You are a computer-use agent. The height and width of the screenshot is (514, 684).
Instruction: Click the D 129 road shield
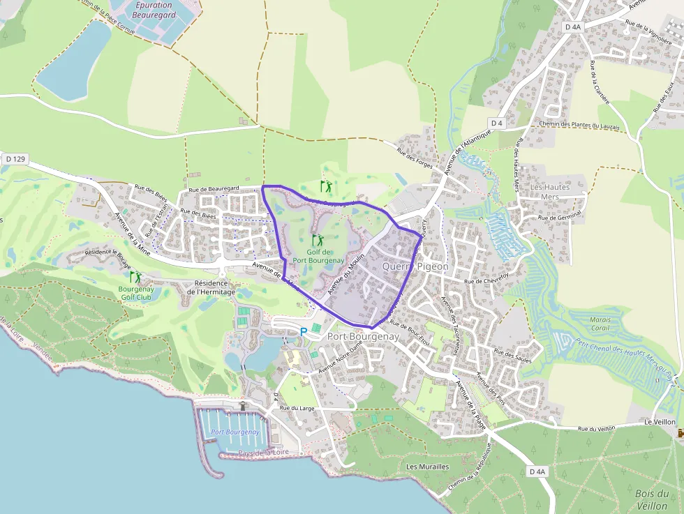[x=15, y=159]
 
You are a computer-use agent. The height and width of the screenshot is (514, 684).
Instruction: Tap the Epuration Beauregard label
[x=153, y=10]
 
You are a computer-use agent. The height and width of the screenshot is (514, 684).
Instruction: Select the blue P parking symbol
[x=304, y=332]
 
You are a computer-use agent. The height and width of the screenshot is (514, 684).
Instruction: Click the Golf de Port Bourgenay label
[x=318, y=256]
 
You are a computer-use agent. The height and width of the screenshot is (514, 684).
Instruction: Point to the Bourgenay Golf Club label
[x=135, y=293]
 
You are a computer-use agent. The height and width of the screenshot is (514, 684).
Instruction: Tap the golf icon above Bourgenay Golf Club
[x=135, y=277]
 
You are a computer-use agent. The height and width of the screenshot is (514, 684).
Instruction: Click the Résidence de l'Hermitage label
[x=211, y=287]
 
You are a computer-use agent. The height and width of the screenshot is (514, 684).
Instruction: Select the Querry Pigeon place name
[x=415, y=267]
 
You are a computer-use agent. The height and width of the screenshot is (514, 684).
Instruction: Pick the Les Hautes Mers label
[x=550, y=192]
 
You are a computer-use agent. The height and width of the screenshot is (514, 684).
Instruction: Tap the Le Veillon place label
[x=660, y=422]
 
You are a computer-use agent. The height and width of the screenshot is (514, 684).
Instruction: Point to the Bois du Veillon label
[x=653, y=499]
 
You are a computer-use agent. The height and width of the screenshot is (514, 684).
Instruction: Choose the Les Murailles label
[x=428, y=467]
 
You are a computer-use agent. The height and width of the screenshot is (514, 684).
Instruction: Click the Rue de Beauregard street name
[x=214, y=189]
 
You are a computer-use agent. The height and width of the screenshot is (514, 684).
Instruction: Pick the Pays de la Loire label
[x=263, y=453]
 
